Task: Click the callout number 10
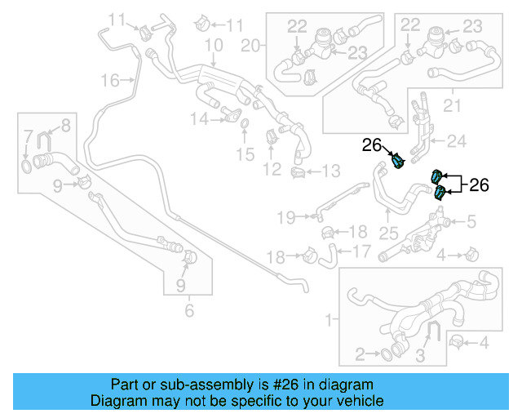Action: click(214, 45)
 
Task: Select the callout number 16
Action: click(110, 80)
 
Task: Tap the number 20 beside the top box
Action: click(250, 46)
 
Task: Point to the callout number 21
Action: click(452, 105)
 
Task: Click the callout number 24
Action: click(457, 141)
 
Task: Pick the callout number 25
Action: click(388, 233)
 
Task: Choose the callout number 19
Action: click(286, 218)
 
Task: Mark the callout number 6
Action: click(189, 311)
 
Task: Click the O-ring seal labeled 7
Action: click(27, 167)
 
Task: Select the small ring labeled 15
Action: click(244, 123)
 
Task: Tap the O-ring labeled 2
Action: click(386, 354)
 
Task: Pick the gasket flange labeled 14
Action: click(231, 114)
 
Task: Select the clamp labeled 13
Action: click(298, 172)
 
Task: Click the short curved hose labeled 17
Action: click(328, 256)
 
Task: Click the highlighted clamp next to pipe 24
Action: click(398, 161)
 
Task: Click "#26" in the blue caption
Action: click(285, 385)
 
